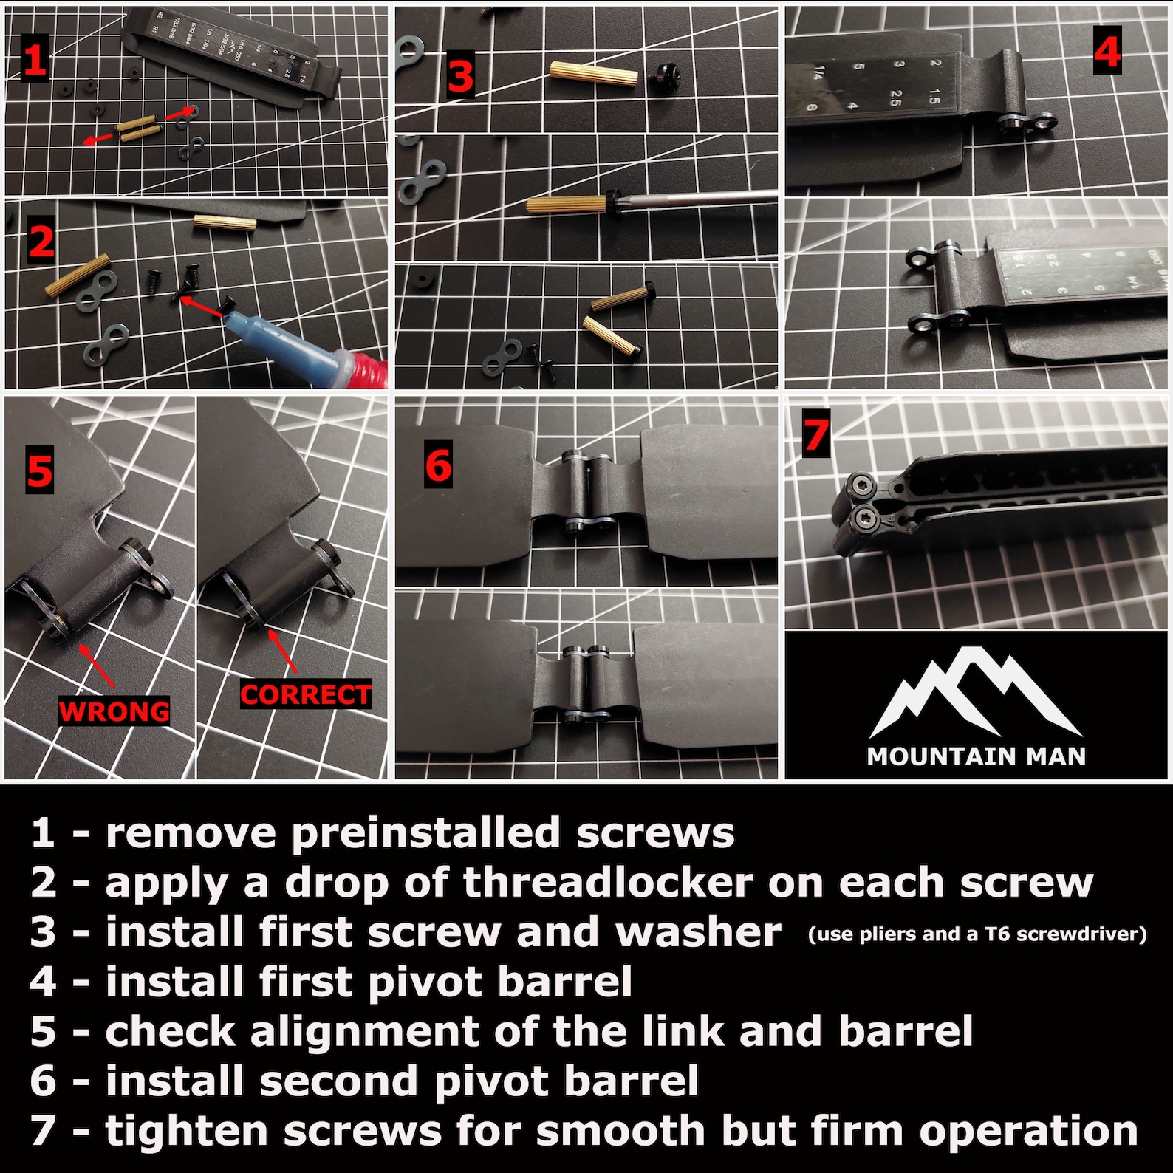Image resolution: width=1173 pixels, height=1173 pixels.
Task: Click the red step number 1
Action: coord(34,60)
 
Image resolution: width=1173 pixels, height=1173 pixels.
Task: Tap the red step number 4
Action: coord(1107,50)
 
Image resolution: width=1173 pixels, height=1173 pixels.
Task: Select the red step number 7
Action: coord(815,434)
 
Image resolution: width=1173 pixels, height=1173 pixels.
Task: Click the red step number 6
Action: coord(438,465)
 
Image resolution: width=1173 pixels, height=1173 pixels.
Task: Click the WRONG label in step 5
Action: coord(114,712)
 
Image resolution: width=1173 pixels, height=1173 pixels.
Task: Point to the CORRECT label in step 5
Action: coord(305,695)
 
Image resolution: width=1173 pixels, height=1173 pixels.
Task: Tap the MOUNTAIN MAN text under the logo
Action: coord(976,756)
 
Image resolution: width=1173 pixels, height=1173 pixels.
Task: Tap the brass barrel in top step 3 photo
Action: coord(593,74)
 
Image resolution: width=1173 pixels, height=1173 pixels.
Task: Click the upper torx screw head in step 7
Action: coord(863,485)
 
